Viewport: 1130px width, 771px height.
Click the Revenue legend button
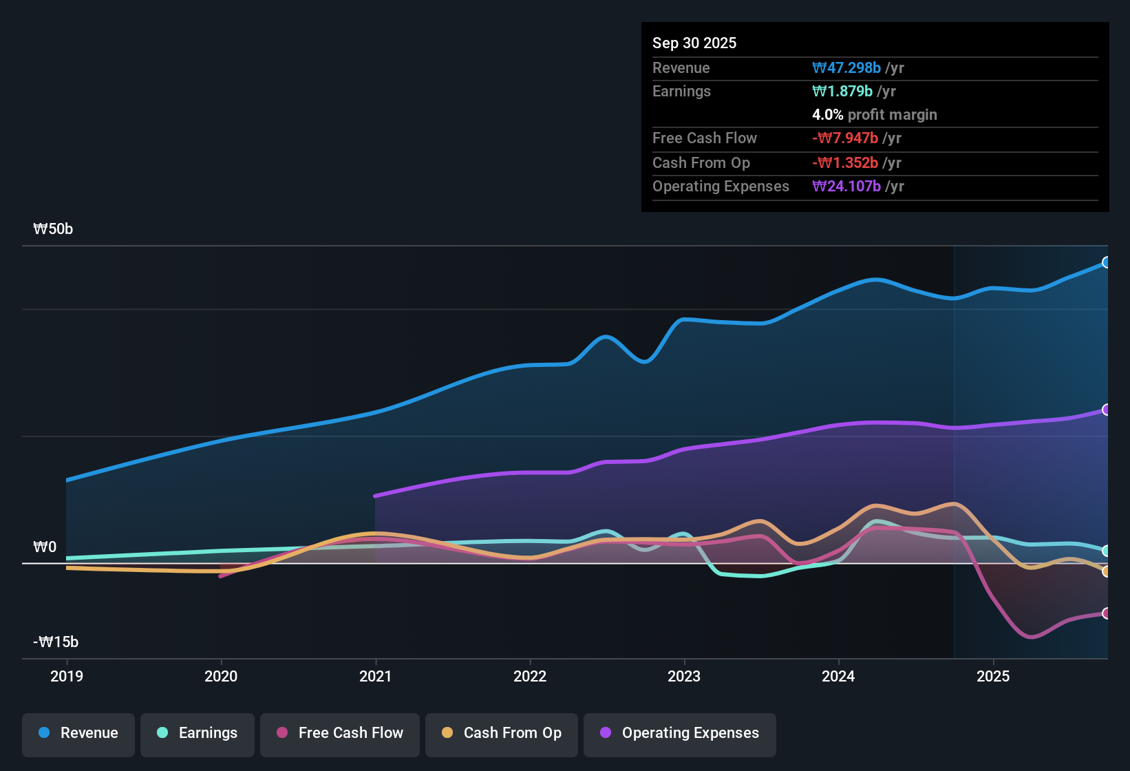click(78, 733)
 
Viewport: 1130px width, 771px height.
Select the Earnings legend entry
click(198, 733)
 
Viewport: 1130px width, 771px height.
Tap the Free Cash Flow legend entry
click(340, 733)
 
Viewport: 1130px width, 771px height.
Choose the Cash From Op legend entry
click(502, 733)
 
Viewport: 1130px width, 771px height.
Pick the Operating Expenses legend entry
click(680, 733)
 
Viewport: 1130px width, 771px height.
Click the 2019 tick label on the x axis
click(67, 677)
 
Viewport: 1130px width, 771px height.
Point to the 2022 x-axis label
click(530, 677)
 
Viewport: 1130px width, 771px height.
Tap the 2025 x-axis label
click(993, 677)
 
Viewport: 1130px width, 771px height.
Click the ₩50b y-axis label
click(53, 229)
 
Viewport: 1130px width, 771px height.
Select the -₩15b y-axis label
click(56, 642)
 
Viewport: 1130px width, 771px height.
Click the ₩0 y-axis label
click(45, 547)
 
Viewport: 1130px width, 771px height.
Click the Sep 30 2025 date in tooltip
click(694, 43)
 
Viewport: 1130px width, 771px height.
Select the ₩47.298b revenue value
click(846, 68)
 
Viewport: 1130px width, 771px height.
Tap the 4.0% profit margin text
click(874, 115)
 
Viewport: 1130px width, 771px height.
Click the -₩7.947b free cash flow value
click(845, 138)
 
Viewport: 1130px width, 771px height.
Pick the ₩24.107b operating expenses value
click(846, 187)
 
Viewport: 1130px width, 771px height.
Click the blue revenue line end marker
click(1106, 262)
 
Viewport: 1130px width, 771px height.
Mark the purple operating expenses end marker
click(1106, 410)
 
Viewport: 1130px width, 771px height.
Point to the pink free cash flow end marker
click(1106, 613)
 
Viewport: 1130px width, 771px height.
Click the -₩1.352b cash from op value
click(845, 163)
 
